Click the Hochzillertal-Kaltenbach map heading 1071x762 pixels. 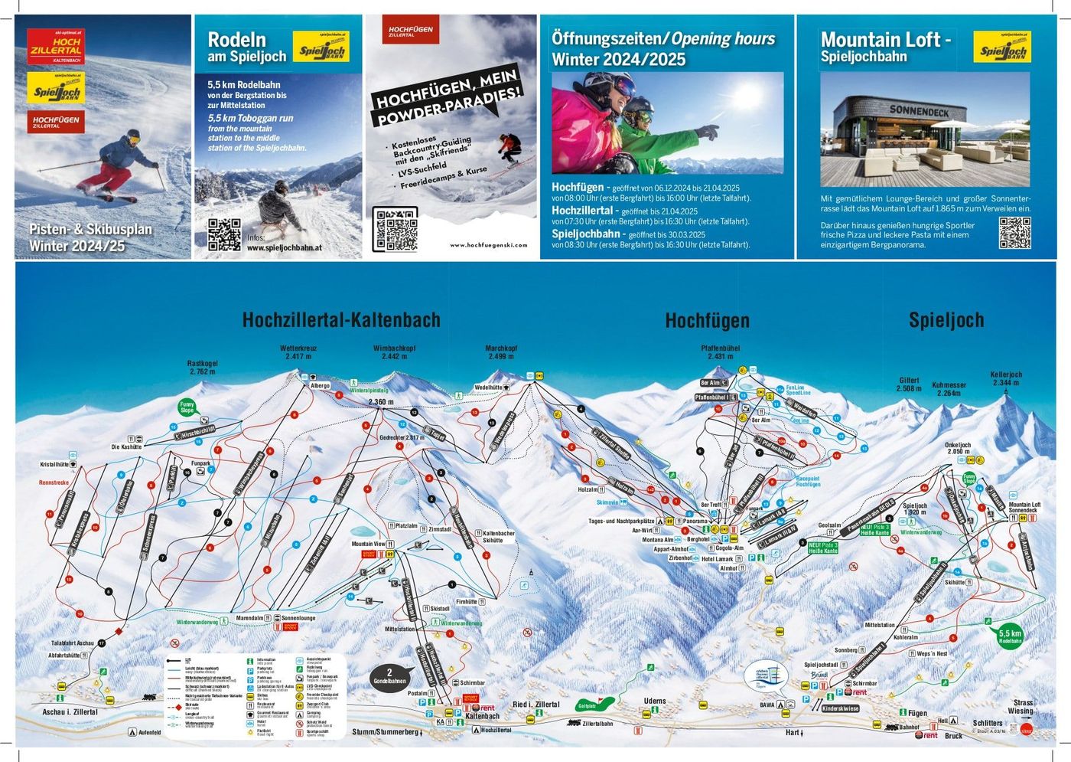[x=341, y=320]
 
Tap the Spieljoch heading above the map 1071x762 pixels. [x=946, y=320]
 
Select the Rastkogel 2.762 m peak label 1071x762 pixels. [x=203, y=368]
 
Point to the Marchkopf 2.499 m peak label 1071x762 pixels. [x=501, y=352]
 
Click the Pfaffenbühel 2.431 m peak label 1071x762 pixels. [x=720, y=352]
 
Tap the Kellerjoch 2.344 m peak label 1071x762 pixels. [x=1006, y=378]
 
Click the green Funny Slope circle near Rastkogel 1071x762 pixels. [x=187, y=407]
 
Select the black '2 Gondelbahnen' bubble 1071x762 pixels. [x=389, y=676]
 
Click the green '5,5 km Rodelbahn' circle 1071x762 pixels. [x=1010, y=636]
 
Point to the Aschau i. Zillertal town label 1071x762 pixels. [x=70, y=711]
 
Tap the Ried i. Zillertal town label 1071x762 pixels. [x=535, y=705]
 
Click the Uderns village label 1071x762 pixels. [x=655, y=701]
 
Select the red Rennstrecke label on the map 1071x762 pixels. [x=54, y=482]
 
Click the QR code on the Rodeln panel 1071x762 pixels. [x=224, y=234]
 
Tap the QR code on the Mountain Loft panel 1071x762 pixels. [x=1014, y=233]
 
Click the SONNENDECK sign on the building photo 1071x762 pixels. [x=919, y=111]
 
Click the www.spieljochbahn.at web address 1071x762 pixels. [x=284, y=248]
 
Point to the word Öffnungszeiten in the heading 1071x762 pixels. [x=607, y=38]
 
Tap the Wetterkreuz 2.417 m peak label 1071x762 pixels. [x=298, y=352]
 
